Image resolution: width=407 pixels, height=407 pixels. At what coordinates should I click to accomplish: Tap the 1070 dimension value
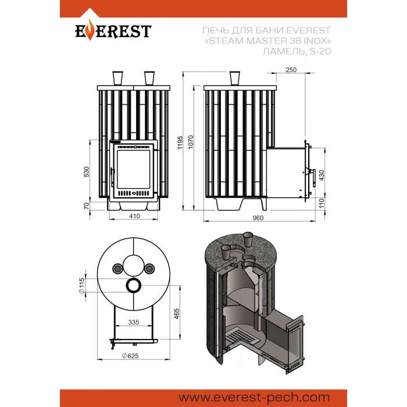(x=191, y=142)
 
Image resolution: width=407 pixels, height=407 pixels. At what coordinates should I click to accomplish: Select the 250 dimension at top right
(x=291, y=70)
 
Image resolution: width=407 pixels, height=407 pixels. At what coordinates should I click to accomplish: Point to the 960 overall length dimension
(x=258, y=218)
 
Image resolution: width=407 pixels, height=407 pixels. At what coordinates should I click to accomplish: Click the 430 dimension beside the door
(x=322, y=176)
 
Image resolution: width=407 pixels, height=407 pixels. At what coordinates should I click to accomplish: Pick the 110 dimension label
(x=322, y=203)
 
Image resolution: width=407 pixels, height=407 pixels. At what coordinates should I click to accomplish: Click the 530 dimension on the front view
(x=87, y=172)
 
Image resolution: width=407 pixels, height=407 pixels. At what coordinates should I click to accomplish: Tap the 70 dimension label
(x=87, y=206)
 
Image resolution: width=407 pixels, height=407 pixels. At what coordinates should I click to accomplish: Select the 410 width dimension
(x=134, y=216)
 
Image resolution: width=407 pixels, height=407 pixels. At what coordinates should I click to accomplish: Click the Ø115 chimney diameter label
(x=82, y=286)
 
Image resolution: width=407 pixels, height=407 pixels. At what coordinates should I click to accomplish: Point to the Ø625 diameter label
(x=130, y=356)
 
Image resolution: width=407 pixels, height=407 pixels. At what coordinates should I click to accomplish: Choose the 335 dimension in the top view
(x=134, y=322)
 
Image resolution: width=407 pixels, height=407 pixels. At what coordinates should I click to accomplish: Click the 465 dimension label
(x=177, y=313)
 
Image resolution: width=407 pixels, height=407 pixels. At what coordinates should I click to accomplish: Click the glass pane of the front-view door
(x=133, y=169)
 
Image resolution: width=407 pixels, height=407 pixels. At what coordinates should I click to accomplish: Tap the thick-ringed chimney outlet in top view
(x=134, y=285)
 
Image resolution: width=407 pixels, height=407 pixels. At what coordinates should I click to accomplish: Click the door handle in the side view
(x=313, y=178)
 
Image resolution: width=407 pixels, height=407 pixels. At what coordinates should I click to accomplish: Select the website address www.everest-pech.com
(x=254, y=397)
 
